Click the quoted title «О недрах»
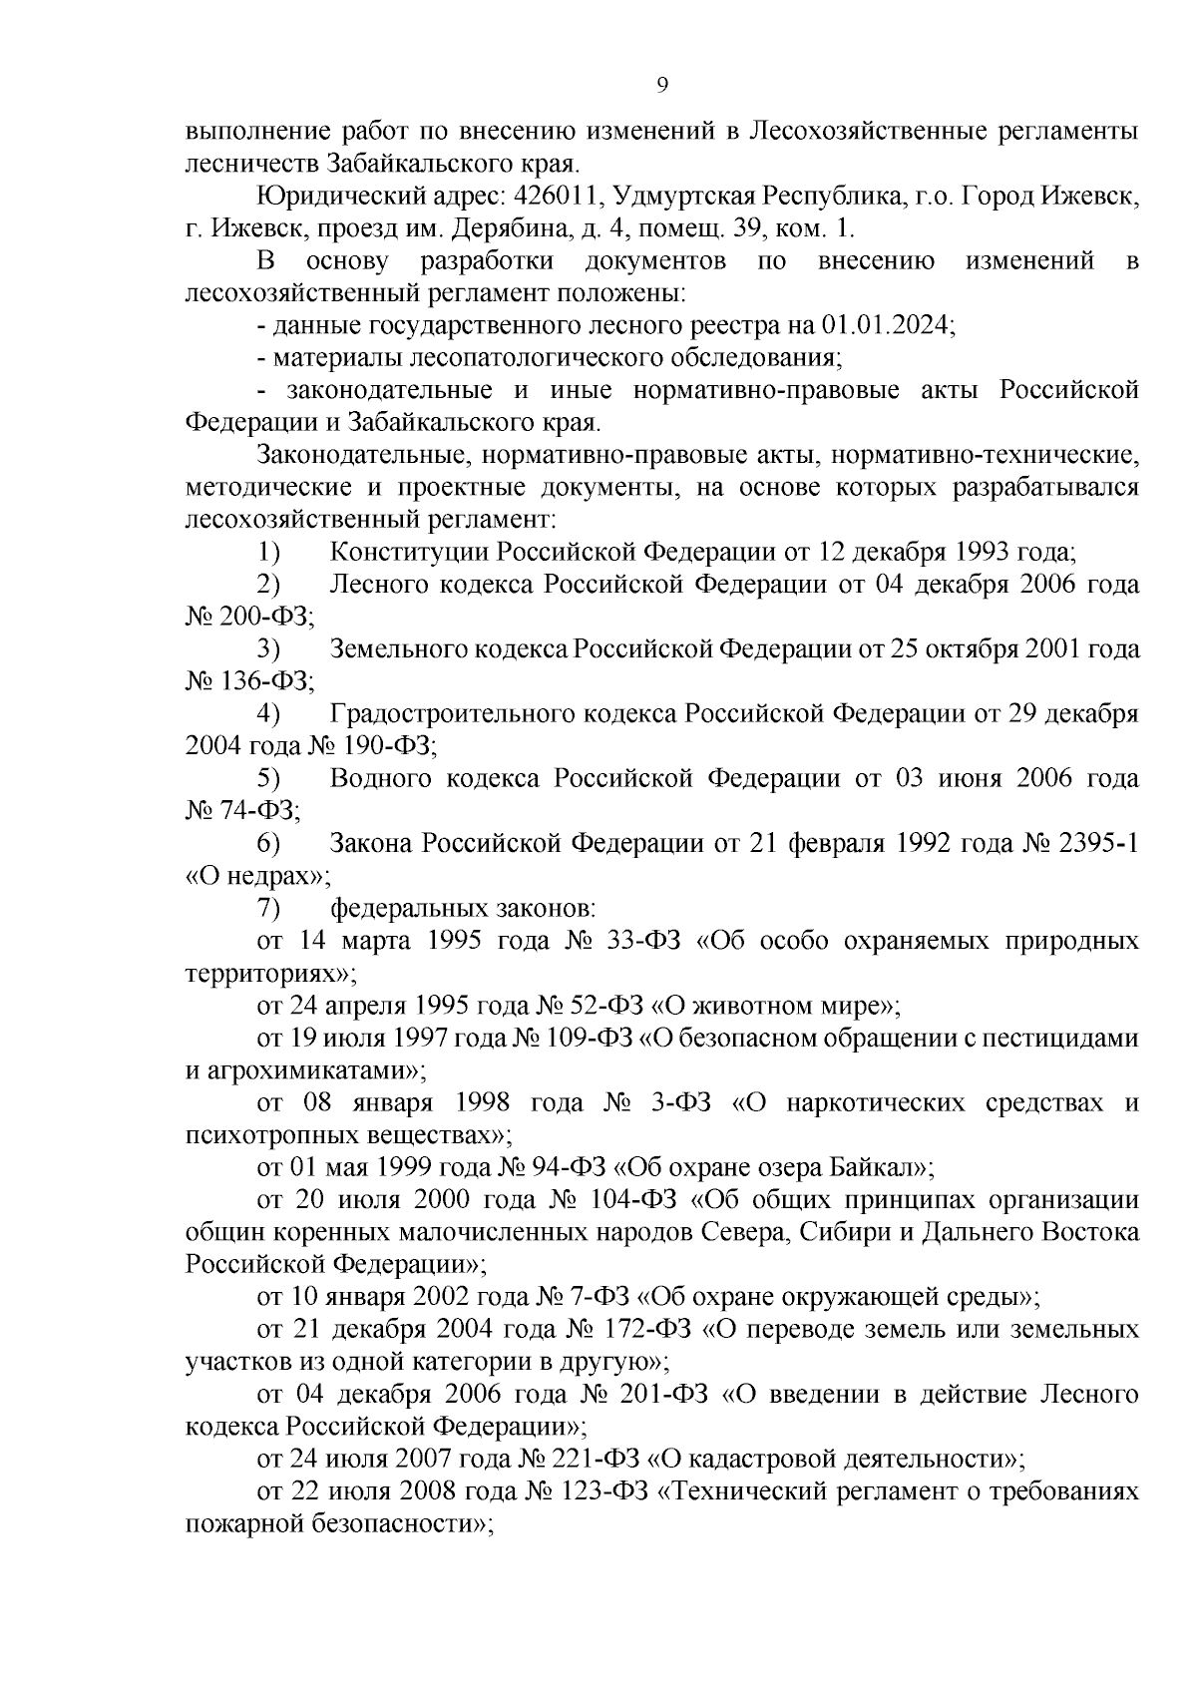257,877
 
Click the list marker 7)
268,909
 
